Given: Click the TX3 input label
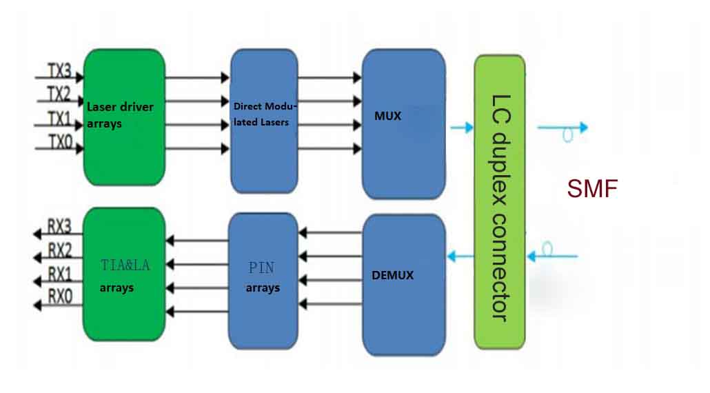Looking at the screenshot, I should [59, 70].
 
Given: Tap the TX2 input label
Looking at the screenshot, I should [59, 94].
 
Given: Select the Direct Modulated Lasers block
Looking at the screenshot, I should [263, 121].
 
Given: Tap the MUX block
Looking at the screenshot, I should [403, 124].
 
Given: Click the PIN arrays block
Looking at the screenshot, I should [263, 279].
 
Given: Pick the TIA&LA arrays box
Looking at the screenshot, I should [124, 274].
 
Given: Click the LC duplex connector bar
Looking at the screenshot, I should [500, 201].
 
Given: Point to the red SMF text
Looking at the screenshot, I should [591, 188].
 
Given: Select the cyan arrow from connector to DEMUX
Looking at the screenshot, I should [460, 257].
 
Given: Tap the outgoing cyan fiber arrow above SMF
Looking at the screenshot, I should [562, 128].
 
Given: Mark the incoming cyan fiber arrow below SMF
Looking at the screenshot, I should [551, 256].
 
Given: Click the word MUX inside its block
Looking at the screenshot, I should [387, 116].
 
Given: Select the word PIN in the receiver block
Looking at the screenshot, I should [262, 268].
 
